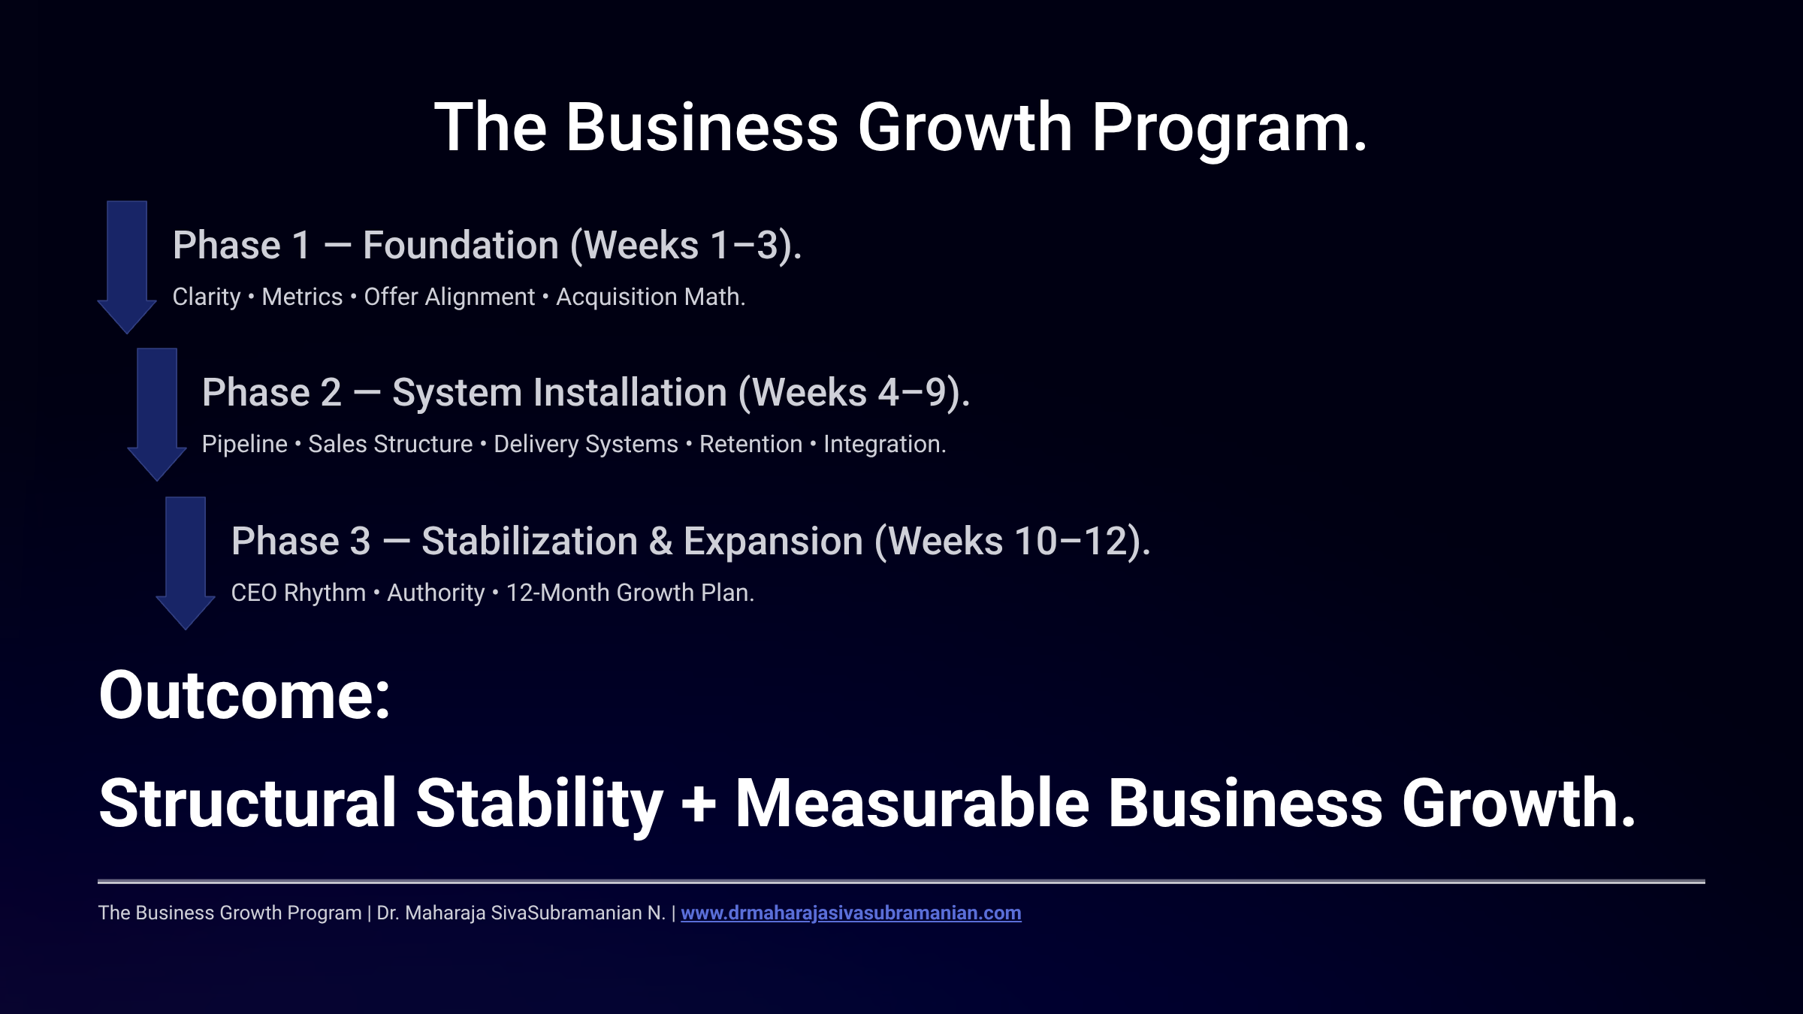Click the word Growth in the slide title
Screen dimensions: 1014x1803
(965, 128)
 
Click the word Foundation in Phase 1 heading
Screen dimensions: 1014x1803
(461, 246)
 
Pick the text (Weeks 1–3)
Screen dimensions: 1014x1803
(685, 246)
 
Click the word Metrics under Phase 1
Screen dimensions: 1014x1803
(302, 297)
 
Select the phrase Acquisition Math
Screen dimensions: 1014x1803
(650, 297)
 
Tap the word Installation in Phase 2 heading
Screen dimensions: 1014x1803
(621, 393)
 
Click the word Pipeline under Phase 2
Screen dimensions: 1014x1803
(244, 445)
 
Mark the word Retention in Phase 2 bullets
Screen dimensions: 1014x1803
(750, 445)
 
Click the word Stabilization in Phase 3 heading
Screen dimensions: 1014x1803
(529, 542)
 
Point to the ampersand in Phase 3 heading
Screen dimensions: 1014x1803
(660, 542)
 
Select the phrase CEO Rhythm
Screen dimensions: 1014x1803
(297, 593)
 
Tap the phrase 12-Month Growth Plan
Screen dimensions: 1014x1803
(630, 593)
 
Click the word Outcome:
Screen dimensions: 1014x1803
(244, 696)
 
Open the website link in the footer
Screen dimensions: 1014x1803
(850, 913)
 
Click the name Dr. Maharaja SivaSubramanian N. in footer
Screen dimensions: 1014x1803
(521, 913)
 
